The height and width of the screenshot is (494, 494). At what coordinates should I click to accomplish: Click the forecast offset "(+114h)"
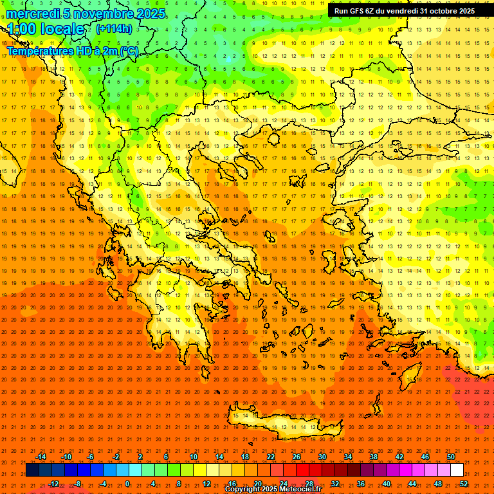pyautogui.click(x=114, y=29)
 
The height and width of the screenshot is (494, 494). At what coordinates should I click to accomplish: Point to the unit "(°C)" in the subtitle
pyautogui.click(x=128, y=51)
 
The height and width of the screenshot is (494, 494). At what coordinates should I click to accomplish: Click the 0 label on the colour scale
pyautogui.click(x=127, y=484)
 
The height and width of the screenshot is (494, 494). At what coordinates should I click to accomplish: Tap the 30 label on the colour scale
pyautogui.click(x=322, y=457)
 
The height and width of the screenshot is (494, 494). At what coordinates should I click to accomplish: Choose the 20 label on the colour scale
pyautogui.click(x=257, y=484)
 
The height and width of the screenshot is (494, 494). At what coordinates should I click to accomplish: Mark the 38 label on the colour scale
pyautogui.click(x=374, y=457)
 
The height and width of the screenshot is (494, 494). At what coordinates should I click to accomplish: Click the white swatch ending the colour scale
pyautogui.click(x=457, y=470)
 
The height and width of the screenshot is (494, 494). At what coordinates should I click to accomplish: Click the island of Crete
pyautogui.click(x=283, y=425)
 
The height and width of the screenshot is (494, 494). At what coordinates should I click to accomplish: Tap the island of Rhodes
pyautogui.click(x=412, y=376)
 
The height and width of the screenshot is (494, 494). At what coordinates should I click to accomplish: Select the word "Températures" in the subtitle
pyautogui.click(x=39, y=51)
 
